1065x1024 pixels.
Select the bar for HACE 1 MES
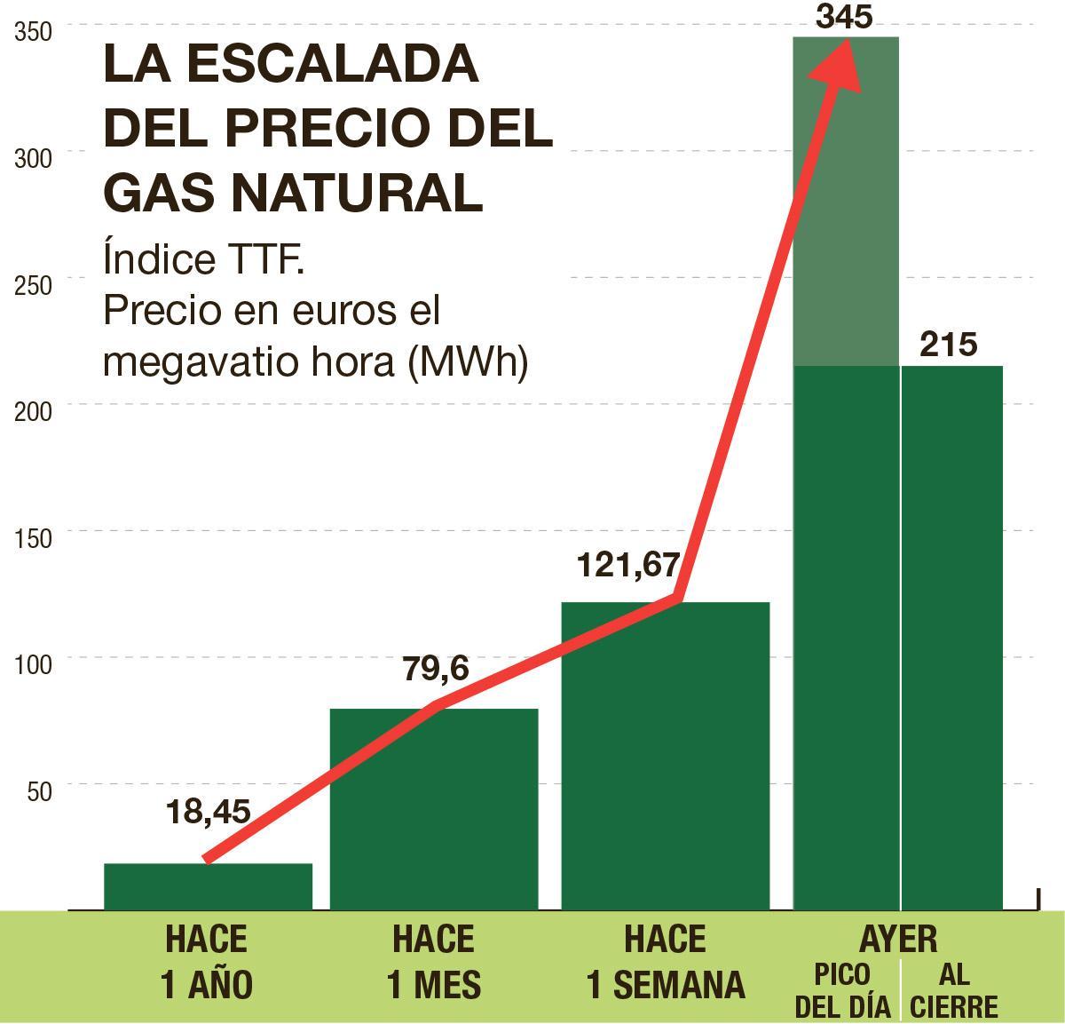(x=434, y=808)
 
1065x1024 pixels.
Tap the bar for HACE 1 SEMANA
(x=666, y=755)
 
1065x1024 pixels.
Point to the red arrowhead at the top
(x=839, y=67)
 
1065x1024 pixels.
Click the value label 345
(x=843, y=17)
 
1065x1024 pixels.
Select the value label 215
(x=948, y=345)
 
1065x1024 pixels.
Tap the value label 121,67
(x=628, y=565)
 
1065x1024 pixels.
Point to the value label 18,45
(x=208, y=811)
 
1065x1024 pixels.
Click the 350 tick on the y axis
(x=34, y=32)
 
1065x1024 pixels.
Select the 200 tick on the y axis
(x=34, y=411)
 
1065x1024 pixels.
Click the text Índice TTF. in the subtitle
(x=204, y=259)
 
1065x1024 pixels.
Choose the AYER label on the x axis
(x=898, y=939)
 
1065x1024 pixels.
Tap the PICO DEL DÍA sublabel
(x=842, y=990)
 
